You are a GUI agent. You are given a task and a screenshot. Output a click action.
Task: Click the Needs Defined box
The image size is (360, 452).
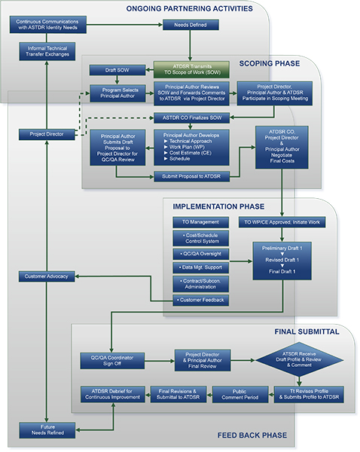[x=191, y=25]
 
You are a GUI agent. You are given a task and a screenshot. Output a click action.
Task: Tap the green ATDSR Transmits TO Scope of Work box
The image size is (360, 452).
[x=191, y=70]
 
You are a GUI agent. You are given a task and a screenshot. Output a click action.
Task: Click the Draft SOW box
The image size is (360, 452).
[x=117, y=70]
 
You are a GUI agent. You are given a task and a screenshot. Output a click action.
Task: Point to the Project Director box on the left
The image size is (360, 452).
[x=47, y=134]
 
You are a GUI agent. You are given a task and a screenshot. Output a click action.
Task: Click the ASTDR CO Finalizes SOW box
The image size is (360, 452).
[x=191, y=118]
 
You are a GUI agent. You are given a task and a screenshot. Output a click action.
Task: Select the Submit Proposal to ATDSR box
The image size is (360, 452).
[x=191, y=176]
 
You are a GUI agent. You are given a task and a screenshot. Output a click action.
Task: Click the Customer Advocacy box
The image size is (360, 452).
[x=47, y=277]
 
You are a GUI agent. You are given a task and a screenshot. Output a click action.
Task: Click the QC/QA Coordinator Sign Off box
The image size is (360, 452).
[x=111, y=360]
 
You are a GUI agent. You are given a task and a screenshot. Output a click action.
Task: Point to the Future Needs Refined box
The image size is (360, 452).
[x=47, y=429]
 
